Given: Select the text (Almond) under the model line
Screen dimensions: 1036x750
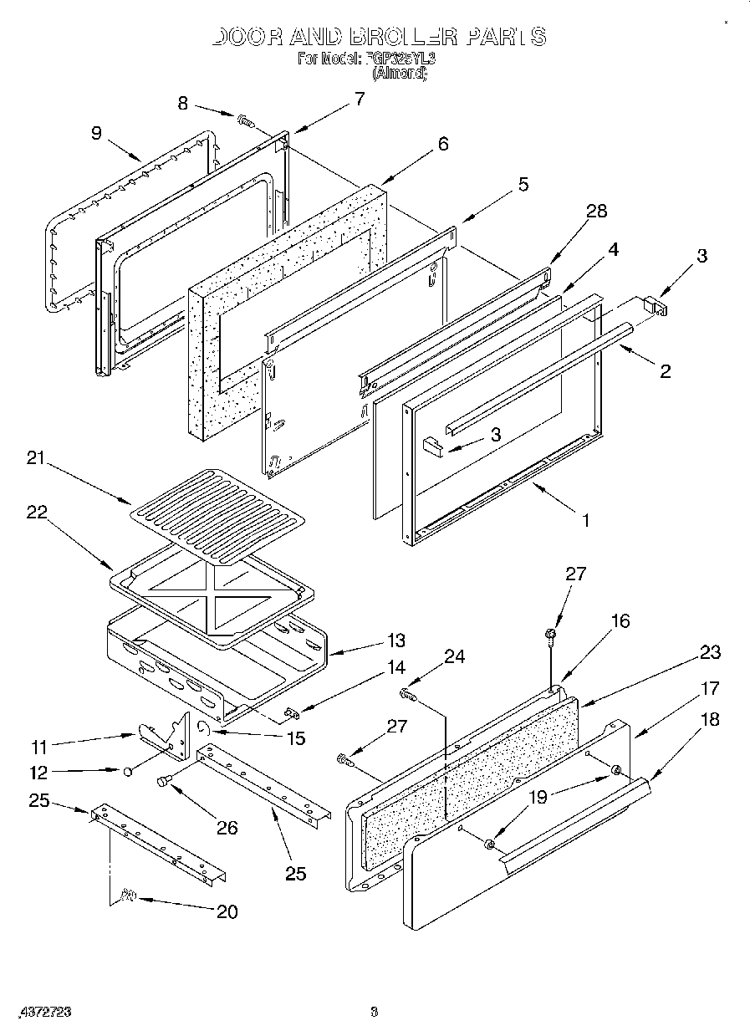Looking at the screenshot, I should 399,74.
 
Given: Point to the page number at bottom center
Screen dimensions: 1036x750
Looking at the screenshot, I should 374,1012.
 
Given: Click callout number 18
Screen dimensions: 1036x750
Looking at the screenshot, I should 710,720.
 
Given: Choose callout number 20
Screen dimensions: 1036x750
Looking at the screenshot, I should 227,911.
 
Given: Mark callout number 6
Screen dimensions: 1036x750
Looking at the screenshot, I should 442,144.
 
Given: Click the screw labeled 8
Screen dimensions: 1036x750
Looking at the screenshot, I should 246,121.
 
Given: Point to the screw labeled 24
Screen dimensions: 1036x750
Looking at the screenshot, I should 409,693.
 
